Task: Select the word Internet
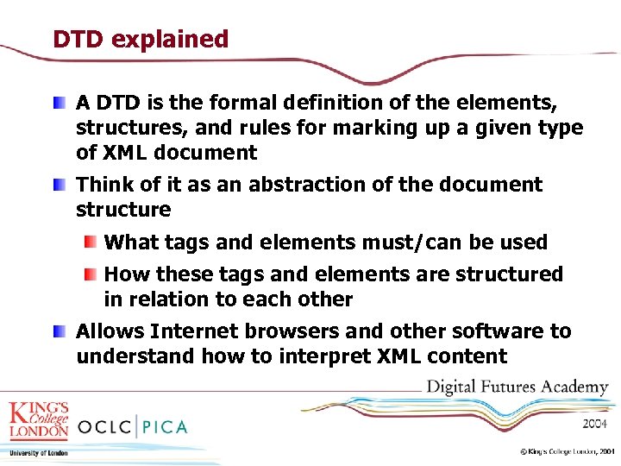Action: coord(194,331)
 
